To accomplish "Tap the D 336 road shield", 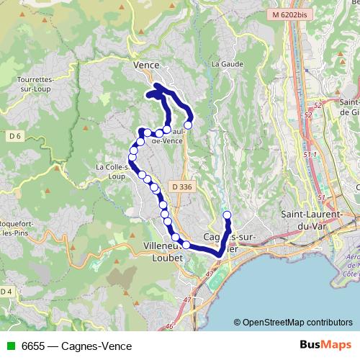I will click(183, 186).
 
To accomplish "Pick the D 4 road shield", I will click(6, 291).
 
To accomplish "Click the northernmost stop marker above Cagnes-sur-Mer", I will click(228, 215).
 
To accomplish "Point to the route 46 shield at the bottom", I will click(170, 326).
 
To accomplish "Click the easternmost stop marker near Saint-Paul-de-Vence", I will click(188, 125).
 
